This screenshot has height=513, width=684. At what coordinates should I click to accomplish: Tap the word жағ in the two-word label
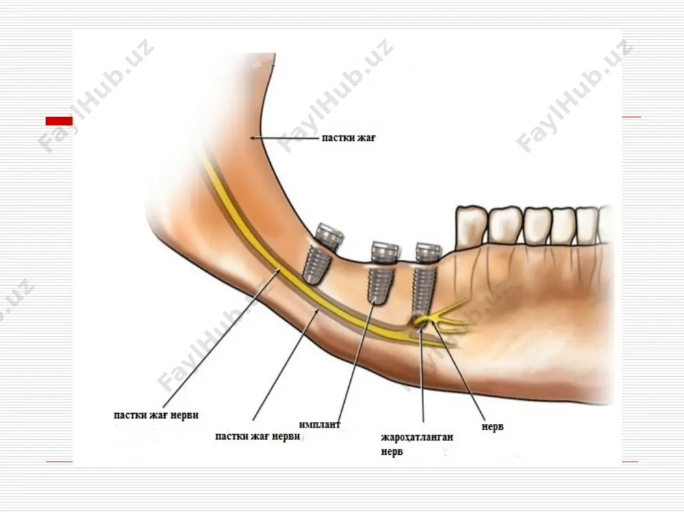tap(367, 138)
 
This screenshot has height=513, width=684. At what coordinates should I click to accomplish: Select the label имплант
tap(320, 424)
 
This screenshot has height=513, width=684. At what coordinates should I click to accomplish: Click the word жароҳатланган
tap(417, 436)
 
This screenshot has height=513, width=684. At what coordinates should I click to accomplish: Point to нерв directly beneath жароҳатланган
tap(392, 451)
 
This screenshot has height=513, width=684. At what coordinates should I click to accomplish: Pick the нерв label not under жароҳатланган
tap(492, 426)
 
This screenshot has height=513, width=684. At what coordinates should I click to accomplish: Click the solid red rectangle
tap(59, 121)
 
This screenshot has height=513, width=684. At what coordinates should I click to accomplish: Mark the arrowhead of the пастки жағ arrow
tap(252, 138)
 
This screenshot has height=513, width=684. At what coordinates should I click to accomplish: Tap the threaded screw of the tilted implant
tap(316, 266)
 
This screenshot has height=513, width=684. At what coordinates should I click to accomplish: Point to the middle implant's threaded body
tap(380, 285)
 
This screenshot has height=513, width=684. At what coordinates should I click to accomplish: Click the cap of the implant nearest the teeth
tap(428, 253)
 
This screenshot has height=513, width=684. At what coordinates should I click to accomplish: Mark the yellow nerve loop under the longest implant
tap(420, 321)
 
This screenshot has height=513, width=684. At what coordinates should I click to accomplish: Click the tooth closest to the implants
tap(471, 227)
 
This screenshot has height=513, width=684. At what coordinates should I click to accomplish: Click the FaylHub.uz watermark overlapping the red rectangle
tap(96, 95)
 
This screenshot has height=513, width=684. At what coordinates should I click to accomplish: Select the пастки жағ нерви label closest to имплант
tap(257, 436)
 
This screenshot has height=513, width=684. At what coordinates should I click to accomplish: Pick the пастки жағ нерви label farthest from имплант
tap(156, 415)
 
